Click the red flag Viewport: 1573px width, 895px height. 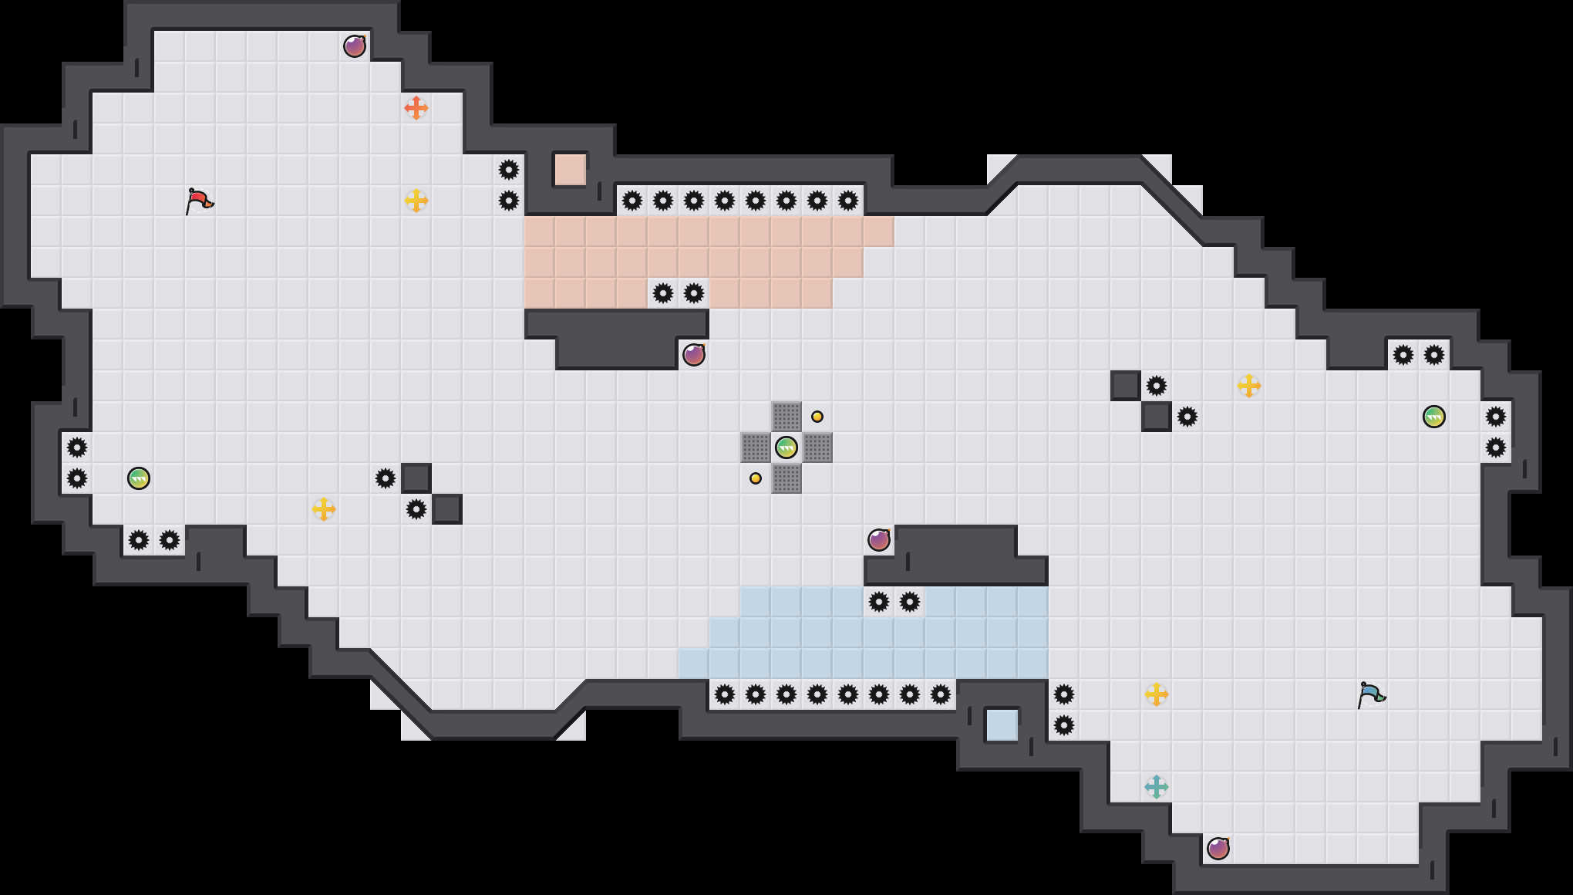coord(199,201)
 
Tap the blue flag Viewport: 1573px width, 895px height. coord(1371,694)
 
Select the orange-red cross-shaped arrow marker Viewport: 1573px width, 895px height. coord(416,108)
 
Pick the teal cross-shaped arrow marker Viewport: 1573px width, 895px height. coord(1157,787)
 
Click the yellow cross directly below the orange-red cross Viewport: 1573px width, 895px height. coord(416,201)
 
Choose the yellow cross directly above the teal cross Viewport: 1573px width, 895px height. coord(1157,694)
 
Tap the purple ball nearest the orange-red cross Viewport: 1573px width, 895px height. coord(355,46)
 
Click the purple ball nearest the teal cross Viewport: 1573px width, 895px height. coord(1218,849)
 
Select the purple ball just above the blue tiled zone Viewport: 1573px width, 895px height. coord(879,540)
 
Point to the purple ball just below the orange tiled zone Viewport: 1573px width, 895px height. coord(694,355)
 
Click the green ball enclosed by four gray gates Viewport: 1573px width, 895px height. coord(786,447)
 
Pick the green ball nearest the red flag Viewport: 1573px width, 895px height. coord(139,478)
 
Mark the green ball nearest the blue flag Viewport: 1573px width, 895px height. coord(1434,417)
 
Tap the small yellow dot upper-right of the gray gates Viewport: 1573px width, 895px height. coord(817,417)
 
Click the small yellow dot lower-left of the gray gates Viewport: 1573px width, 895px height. coord(756,478)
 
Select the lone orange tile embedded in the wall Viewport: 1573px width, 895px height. coord(571,170)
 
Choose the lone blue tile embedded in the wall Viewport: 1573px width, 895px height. coord(1002,725)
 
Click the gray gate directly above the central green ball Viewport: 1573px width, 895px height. coord(786,417)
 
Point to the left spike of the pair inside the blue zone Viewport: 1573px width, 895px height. coord(879,602)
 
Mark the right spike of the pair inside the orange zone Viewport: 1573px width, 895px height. coord(694,293)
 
